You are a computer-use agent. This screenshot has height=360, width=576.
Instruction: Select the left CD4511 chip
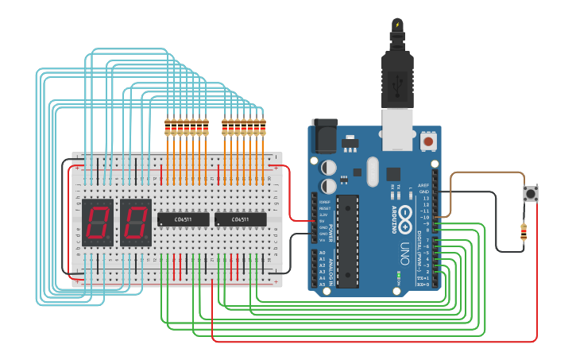(183, 219)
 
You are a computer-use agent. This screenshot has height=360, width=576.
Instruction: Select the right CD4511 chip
(241, 219)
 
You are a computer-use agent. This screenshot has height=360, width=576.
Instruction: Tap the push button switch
(530, 194)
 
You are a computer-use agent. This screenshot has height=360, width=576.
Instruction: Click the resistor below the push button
(523, 232)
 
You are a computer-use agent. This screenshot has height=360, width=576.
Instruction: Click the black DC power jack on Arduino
(324, 137)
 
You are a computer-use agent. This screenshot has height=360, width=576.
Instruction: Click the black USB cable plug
(396, 75)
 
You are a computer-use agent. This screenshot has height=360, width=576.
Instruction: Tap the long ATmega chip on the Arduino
(348, 242)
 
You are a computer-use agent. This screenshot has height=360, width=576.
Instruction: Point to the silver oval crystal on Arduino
(373, 171)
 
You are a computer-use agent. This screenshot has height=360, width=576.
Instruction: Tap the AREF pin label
(424, 184)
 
